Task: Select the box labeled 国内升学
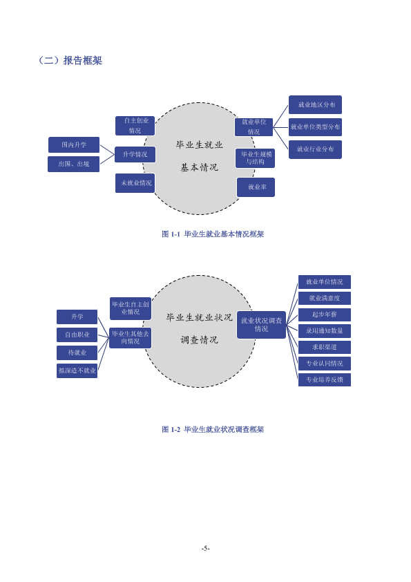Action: (74, 144)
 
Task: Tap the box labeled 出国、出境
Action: (73, 164)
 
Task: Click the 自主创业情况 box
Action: (135, 126)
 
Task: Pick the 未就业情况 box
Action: (135, 183)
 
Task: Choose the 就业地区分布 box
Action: (315, 104)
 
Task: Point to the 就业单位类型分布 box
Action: (315, 127)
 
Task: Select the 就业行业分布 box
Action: (315, 149)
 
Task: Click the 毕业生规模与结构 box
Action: (255, 158)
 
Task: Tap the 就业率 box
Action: (256, 187)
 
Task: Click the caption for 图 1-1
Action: (213, 234)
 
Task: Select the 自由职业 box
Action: (77, 335)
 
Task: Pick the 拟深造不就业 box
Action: (77, 370)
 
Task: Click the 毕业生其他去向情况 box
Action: (130, 338)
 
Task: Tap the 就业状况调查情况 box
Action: (262, 325)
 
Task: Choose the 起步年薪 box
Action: (325, 315)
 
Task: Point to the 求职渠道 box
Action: (325, 347)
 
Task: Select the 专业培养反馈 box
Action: (325, 379)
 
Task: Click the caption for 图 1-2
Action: (213, 429)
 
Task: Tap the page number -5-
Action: (206, 548)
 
